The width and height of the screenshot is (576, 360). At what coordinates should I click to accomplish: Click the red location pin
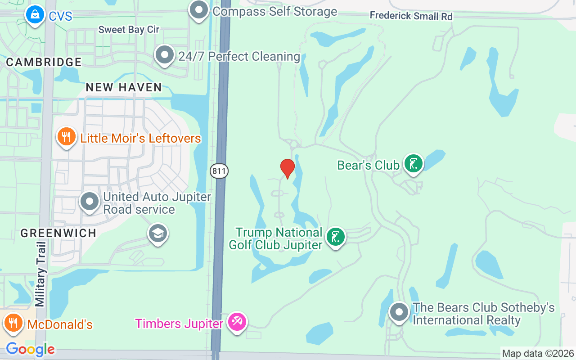pyautogui.click(x=288, y=168)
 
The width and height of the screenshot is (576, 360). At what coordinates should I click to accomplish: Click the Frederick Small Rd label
pyautogui.click(x=411, y=16)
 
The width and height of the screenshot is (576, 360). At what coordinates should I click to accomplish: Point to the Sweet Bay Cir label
pyautogui.click(x=129, y=30)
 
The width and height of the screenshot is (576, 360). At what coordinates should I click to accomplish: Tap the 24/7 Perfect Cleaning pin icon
pyautogui.click(x=164, y=55)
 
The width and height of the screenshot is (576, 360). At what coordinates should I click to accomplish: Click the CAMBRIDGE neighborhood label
pyautogui.click(x=44, y=62)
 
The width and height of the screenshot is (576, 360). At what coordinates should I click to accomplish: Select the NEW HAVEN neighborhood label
pyautogui.click(x=124, y=87)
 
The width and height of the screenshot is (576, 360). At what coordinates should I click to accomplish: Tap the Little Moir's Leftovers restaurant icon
pyautogui.click(x=66, y=137)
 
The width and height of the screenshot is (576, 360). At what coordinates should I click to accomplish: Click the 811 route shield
pyautogui.click(x=219, y=171)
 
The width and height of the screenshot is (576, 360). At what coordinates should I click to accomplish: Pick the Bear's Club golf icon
pyautogui.click(x=413, y=164)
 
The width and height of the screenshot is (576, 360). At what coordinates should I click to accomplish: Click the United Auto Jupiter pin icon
pyautogui.click(x=90, y=202)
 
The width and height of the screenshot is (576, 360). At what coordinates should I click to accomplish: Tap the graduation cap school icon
pyautogui.click(x=158, y=233)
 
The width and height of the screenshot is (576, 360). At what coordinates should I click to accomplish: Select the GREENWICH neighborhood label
pyautogui.click(x=58, y=233)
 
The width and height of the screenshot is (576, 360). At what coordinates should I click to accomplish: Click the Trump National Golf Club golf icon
pyautogui.click(x=335, y=237)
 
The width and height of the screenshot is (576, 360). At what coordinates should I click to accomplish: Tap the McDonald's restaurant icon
pyautogui.click(x=13, y=323)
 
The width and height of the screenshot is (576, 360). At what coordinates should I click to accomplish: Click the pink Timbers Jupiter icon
pyautogui.click(x=236, y=322)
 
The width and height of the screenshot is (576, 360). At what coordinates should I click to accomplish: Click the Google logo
pyautogui.click(x=31, y=349)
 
